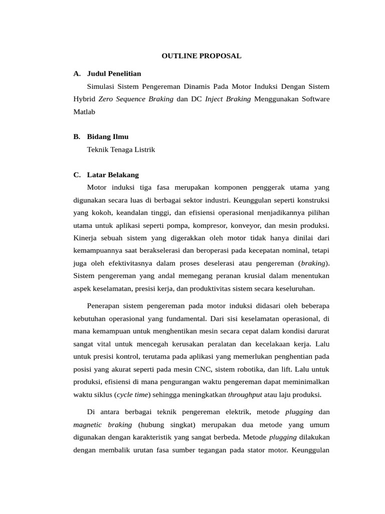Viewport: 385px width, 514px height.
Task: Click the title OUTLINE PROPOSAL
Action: (201, 56)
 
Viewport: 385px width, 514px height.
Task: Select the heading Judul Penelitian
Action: (114, 74)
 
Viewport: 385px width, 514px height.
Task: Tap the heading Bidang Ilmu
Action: (108, 137)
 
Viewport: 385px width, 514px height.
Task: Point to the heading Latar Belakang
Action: (113, 175)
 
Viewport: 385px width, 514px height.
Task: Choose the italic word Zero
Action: (107, 99)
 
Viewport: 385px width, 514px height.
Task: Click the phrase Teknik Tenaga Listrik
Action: (121, 150)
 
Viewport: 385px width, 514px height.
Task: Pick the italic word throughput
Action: (245, 394)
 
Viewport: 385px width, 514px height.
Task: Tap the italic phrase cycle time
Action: (133, 394)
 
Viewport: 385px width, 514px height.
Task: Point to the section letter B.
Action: (76, 137)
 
